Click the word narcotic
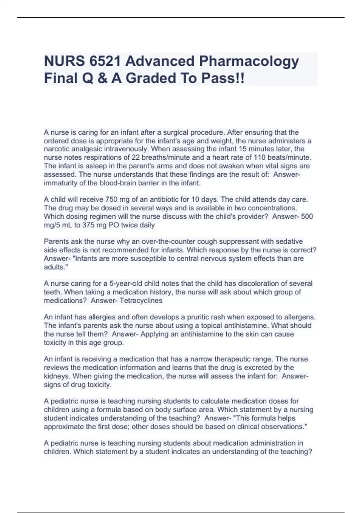tap(56, 149)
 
